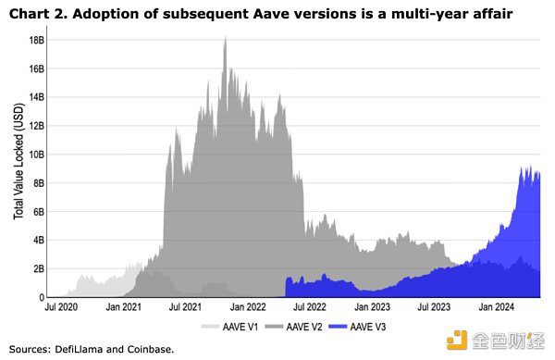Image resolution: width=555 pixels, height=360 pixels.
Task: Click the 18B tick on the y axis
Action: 37,41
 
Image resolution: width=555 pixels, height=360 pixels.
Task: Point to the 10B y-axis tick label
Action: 37,155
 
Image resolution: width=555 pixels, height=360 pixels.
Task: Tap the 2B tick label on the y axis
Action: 39,268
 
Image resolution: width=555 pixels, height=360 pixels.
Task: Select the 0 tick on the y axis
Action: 43,297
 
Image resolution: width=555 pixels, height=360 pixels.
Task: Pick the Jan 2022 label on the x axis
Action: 247,306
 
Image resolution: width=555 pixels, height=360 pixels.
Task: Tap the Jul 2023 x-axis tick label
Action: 433,306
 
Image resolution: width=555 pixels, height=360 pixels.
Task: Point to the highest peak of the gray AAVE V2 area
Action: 225,38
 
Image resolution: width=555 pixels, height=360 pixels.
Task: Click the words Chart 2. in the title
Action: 33,13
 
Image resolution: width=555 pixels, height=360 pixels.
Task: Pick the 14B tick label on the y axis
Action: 37,98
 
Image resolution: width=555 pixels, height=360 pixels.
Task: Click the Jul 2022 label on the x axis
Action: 311,306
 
